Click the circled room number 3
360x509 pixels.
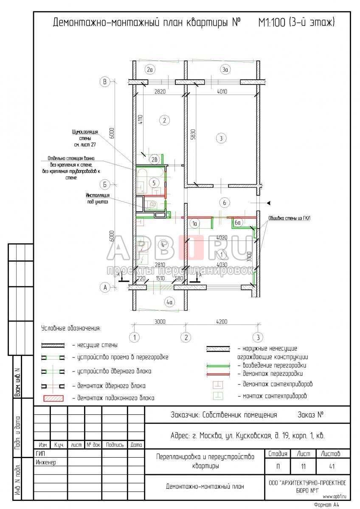[x=220, y=138]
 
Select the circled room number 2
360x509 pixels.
[x=164, y=120]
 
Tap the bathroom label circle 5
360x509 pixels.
[x=155, y=183]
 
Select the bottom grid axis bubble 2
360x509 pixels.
[x=186, y=338]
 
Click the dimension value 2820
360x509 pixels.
[x=160, y=91]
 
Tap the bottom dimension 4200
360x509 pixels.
[x=221, y=322]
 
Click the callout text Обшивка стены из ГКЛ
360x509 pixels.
[x=289, y=218]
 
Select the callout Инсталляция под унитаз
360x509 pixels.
[x=98, y=199]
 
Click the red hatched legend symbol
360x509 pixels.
[x=52, y=398]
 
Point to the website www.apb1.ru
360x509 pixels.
[x=335, y=495]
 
